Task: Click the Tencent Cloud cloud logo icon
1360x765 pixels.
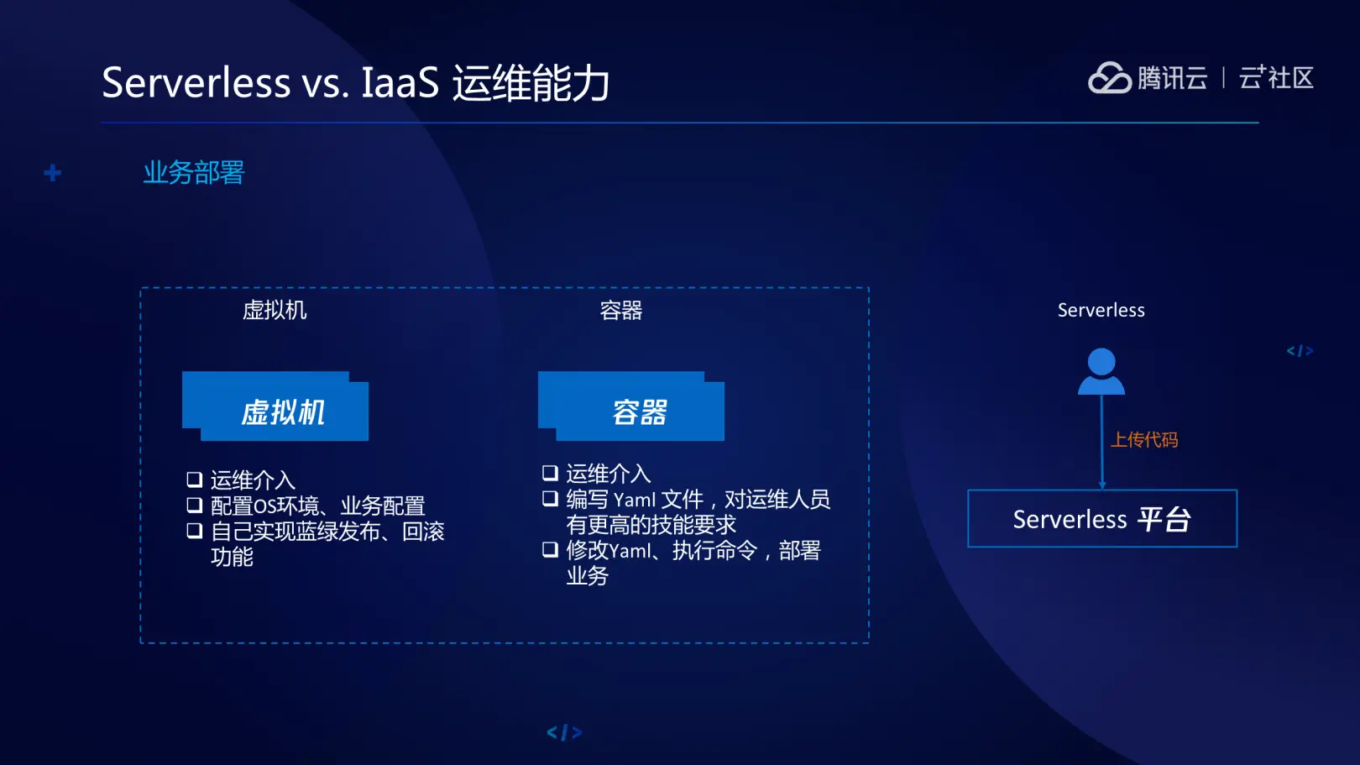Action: pyautogui.click(x=1109, y=78)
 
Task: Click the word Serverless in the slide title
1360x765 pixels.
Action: pyautogui.click(x=196, y=82)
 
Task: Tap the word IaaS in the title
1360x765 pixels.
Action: pyautogui.click(x=400, y=82)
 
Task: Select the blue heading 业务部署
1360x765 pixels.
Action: pyautogui.click(x=193, y=173)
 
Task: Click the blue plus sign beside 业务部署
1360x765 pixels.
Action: pyautogui.click(x=53, y=173)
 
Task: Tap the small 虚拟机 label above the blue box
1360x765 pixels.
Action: pyautogui.click(x=275, y=311)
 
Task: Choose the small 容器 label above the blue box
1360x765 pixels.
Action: pyautogui.click(x=621, y=311)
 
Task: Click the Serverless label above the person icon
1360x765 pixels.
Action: pyautogui.click(x=1101, y=311)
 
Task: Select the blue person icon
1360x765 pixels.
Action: pyautogui.click(x=1101, y=372)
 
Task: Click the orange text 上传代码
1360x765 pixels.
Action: pyautogui.click(x=1144, y=440)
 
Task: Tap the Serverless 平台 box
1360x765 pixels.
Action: pyautogui.click(x=1101, y=519)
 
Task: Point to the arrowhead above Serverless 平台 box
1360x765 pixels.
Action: pyautogui.click(x=1102, y=485)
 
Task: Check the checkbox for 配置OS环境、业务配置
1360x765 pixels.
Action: pyautogui.click(x=195, y=506)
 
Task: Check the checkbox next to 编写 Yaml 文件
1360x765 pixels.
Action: pyautogui.click(x=550, y=499)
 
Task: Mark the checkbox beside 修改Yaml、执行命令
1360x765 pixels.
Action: pyautogui.click(x=550, y=550)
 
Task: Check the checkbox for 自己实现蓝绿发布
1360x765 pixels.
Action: pyautogui.click(x=195, y=531)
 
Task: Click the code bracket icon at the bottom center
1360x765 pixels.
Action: pyautogui.click(x=564, y=733)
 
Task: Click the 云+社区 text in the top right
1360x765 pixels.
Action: pyautogui.click(x=1276, y=78)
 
